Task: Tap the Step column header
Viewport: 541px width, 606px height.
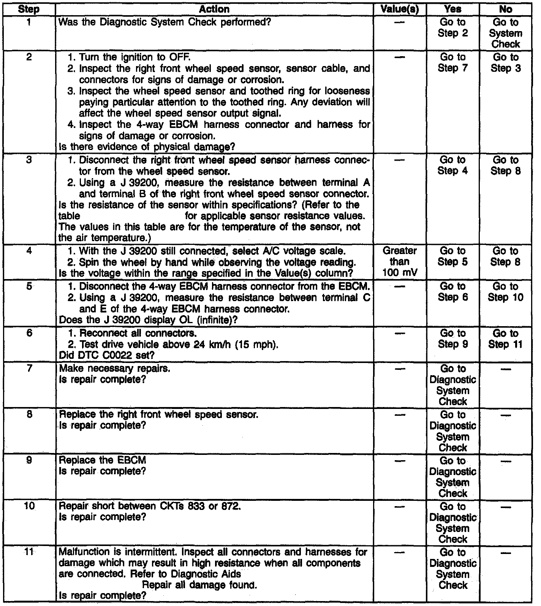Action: pos(28,9)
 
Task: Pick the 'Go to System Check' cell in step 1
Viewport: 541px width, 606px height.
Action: pos(506,33)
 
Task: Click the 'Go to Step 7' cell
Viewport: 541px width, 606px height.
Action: pos(452,63)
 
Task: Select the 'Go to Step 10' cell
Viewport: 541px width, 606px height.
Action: pos(506,292)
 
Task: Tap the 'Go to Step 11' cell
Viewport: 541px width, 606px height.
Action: pos(506,339)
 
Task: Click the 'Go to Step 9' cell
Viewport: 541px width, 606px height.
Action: pos(452,339)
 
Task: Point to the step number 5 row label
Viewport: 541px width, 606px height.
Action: pos(28,287)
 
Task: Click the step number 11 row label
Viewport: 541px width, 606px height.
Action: pos(28,552)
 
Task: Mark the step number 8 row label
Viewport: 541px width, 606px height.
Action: pos(28,415)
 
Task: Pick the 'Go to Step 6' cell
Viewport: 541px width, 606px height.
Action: pos(452,292)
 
